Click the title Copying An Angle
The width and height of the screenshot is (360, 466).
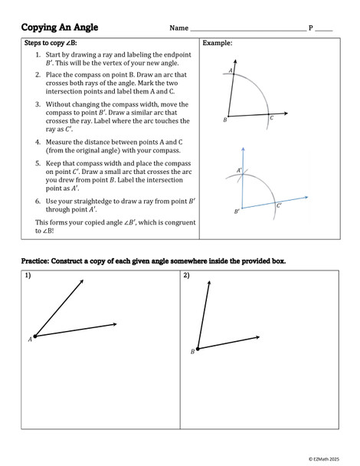[60, 28]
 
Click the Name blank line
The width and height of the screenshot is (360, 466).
[247, 31]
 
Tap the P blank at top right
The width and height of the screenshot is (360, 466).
[324, 31]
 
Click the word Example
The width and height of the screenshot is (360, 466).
[218, 44]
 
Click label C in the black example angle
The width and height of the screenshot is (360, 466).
[272, 119]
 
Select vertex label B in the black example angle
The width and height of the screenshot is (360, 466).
[224, 120]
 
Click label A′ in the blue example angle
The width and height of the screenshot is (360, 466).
[239, 170]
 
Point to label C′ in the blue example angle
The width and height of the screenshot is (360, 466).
[279, 205]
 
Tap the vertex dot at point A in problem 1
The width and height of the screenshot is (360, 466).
[34, 336]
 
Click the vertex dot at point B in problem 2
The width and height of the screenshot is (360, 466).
[198, 349]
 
